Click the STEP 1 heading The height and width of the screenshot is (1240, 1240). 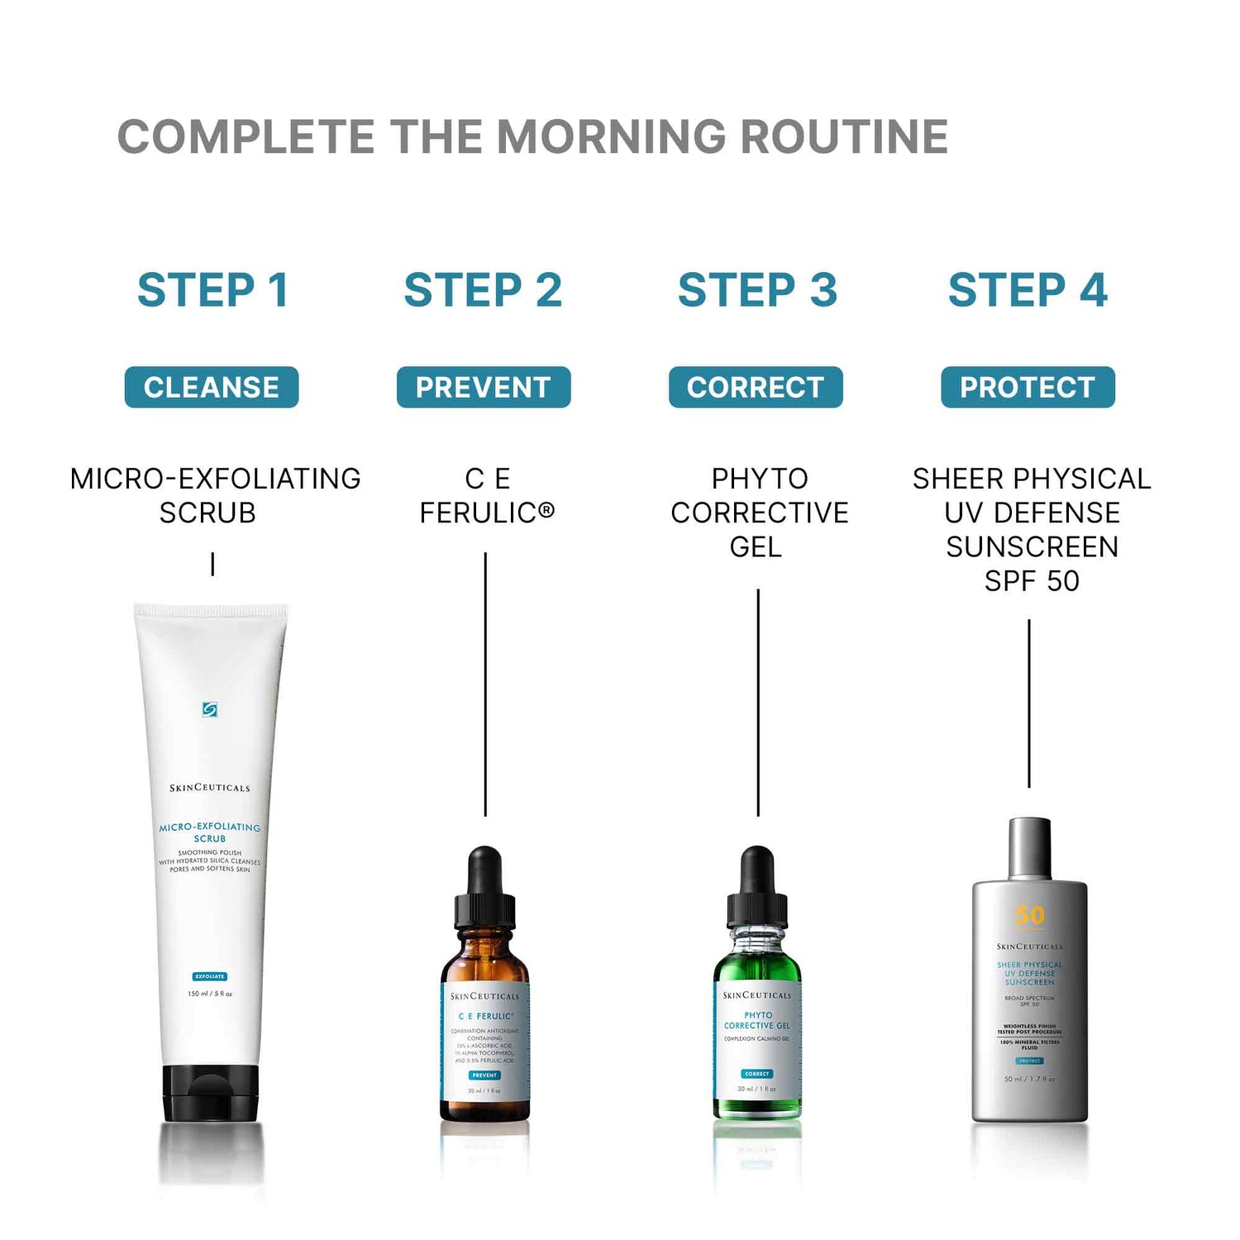[212, 290]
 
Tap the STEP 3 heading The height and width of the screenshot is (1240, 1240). [757, 290]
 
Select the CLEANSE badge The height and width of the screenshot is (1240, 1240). [212, 387]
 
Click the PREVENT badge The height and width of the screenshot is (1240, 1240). [484, 387]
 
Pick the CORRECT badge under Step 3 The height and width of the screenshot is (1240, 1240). [756, 387]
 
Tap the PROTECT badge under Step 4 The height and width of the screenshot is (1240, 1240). [1028, 387]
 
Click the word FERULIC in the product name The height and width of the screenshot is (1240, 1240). [479, 513]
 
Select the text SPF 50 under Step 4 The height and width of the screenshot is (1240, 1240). [1032, 581]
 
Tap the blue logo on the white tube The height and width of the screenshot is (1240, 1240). [210, 709]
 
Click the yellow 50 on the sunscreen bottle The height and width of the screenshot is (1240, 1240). [1030, 915]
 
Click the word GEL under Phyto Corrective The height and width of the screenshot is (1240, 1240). [756, 547]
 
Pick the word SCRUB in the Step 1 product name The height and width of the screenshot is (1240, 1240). [207, 513]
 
